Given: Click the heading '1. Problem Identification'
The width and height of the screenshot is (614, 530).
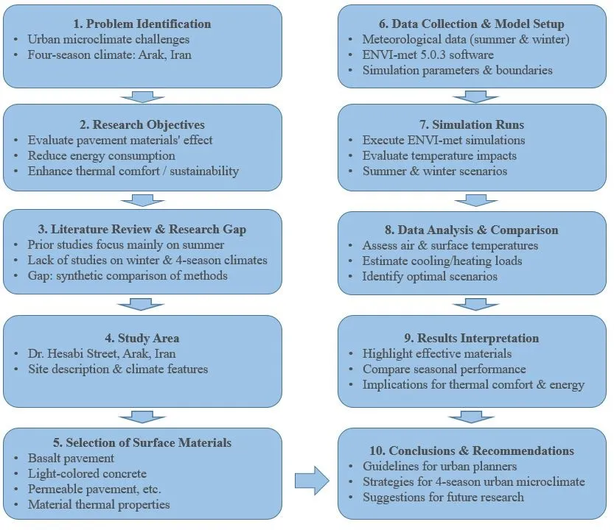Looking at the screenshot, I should coord(142,24).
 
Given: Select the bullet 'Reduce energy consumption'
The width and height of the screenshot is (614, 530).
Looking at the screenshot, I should coord(102,155).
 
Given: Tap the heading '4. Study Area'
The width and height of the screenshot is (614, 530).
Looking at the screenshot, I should coord(142,338).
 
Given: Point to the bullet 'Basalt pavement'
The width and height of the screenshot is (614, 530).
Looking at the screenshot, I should coord(71,458).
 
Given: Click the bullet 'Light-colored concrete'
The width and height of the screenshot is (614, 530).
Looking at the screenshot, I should coord(87,473).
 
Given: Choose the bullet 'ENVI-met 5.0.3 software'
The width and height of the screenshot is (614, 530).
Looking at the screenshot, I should coord(428,54).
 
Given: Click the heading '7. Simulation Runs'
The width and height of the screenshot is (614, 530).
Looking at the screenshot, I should coord(476,124).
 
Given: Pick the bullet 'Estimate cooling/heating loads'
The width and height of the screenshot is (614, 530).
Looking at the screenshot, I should coord(442,261).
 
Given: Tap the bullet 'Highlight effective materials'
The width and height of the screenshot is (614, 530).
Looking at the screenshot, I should coord(437,353).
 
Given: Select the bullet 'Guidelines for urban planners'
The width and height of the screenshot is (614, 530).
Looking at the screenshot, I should coord(439,466).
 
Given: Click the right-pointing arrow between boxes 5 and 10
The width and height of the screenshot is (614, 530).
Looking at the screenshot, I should coord(310,481).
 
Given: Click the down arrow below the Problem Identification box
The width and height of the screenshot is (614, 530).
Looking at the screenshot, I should coord(142,96).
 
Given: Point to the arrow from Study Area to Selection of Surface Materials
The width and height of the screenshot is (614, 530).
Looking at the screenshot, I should coord(142,417).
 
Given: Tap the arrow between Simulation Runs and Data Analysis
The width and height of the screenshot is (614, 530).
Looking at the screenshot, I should coord(476,201).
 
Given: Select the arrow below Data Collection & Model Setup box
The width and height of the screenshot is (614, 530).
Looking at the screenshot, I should coord(476,96).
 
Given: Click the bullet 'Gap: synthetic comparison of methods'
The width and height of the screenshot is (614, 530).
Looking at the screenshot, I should coord(128,276).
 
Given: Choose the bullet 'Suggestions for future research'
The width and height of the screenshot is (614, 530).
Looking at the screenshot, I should coord(443,497).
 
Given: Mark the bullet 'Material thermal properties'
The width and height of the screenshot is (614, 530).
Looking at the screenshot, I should coord(99,504).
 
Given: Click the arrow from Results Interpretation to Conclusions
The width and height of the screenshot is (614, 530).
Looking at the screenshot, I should coord(476,417).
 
